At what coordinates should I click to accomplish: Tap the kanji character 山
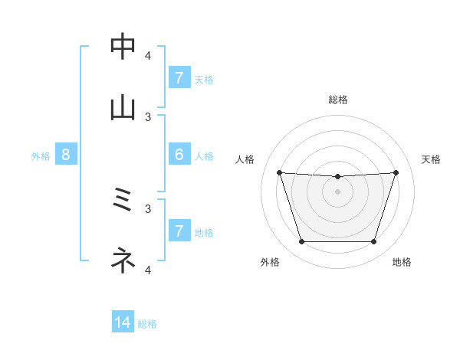pyautogui.click(x=123, y=108)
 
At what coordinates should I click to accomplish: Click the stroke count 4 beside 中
pyautogui.click(x=148, y=55)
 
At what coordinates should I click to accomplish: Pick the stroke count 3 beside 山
pyautogui.click(x=148, y=116)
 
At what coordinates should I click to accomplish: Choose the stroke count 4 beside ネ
pyautogui.click(x=148, y=270)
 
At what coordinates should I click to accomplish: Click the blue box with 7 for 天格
pyautogui.click(x=179, y=78)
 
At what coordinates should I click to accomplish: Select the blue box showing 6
pyautogui.click(x=179, y=155)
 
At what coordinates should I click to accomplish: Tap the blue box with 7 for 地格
pyautogui.click(x=179, y=231)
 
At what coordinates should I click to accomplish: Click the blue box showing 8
pyautogui.click(x=66, y=155)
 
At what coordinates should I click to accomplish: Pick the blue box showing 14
pyautogui.click(x=123, y=323)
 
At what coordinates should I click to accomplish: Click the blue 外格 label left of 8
pyautogui.click(x=41, y=156)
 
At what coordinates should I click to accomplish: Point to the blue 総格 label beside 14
pyautogui.click(x=147, y=325)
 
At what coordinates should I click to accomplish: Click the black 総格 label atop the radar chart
pyautogui.click(x=338, y=100)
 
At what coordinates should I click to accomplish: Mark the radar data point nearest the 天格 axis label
pyautogui.click(x=396, y=172)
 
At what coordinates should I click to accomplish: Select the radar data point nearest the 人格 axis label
pyautogui.click(x=280, y=172)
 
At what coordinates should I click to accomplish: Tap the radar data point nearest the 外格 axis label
pyautogui.click(x=301, y=242)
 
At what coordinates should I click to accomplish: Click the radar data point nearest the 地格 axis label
pyautogui.click(x=373, y=242)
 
